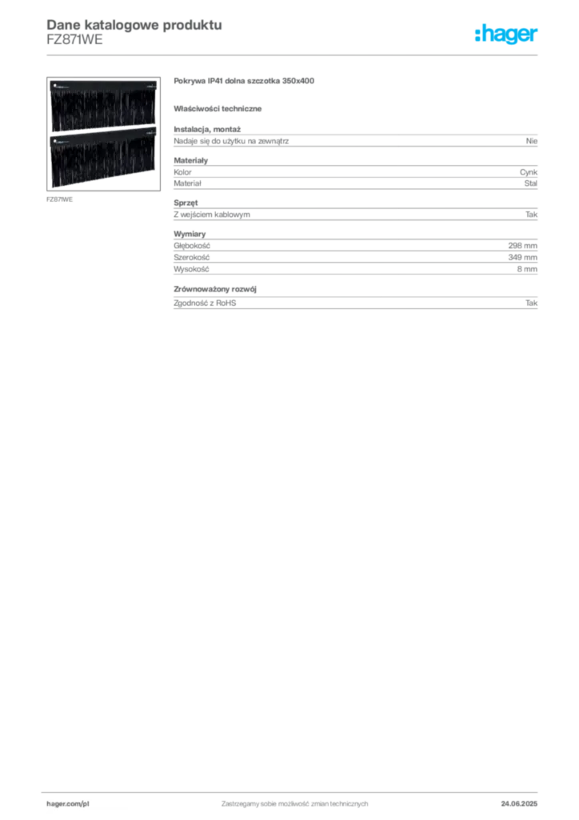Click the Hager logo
coord(506,34)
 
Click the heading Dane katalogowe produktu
coord(134,25)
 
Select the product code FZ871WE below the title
coord(74,40)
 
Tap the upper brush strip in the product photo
coord(103,106)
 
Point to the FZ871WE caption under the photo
coord(59,199)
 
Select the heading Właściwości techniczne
coord(218,109)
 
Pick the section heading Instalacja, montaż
coord(207,129)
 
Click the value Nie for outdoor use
coord(532,141)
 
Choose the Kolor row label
coord(182,172)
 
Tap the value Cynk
coord(529,172)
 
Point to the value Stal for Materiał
coord(530,183)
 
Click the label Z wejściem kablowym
coord(212,215)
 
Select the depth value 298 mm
coord(522,246)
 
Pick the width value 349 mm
coord(522,257)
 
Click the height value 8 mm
coord(527,269)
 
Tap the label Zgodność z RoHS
coord(205,303)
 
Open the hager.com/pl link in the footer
coord(68,804)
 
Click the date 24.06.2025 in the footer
coord(519,804)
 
